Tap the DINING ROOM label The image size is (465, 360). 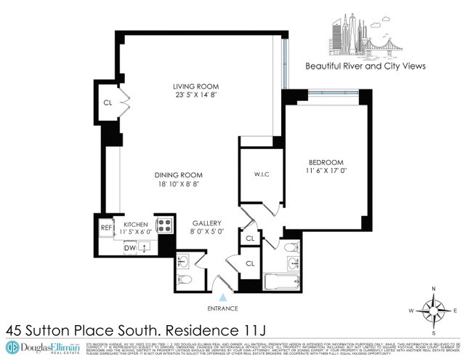click(x=178, y=175)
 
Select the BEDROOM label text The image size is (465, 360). click(x=327, y=161)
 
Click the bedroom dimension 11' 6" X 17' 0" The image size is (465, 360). click(x=327, y=172)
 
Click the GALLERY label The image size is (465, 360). click(x=207, y=223)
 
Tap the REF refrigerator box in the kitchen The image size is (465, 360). click(x=105, y=226)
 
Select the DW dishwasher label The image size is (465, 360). click(x=130, y=248)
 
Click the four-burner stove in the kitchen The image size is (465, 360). click(x=164, y=225)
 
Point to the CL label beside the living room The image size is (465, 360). click(x=108, y=103)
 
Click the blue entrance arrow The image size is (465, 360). click(x=223, y=297)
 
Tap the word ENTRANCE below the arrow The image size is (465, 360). click(x=223, y=309)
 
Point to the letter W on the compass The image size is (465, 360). click(x=412, y=311)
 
